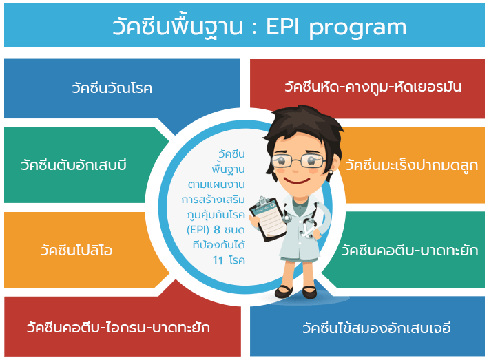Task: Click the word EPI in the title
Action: (x=282, y=27)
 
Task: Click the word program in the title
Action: (x=357, y=30)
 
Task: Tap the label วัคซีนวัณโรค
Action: (x=112, y=87)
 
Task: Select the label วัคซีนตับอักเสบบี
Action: (x=74, y=165)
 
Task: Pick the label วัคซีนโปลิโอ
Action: (x=76, y=250)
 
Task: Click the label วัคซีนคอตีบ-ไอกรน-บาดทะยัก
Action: (x=118, y=327)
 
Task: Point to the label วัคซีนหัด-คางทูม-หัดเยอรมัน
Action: (x=373, y=86)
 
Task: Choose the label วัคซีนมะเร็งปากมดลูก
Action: (x=411, y=165)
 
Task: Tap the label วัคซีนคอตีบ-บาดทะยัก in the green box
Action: (x=410, y=250)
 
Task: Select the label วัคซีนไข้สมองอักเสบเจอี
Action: (x=377, y=327)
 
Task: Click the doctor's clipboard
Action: (x=269, y=219)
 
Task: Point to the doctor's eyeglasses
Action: (x=298, y=161)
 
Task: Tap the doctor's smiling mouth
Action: (x=297, y=180)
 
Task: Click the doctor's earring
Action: (x=331, y=172)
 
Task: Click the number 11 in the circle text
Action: (x=218, y=260)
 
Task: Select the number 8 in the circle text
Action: (x=217, y=230)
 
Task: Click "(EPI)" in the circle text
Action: (x=198, y=230)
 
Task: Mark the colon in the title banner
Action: (x=254, y=28)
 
